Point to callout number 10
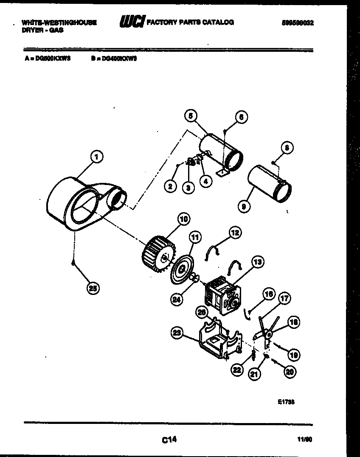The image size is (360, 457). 183,219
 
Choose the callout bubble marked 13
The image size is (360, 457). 257,263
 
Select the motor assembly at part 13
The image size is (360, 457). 222,294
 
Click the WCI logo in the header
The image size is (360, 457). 132,22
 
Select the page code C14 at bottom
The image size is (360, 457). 169,440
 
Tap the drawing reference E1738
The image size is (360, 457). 286,402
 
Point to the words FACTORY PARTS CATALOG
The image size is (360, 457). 190,22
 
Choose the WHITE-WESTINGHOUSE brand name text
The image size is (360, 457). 59,23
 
